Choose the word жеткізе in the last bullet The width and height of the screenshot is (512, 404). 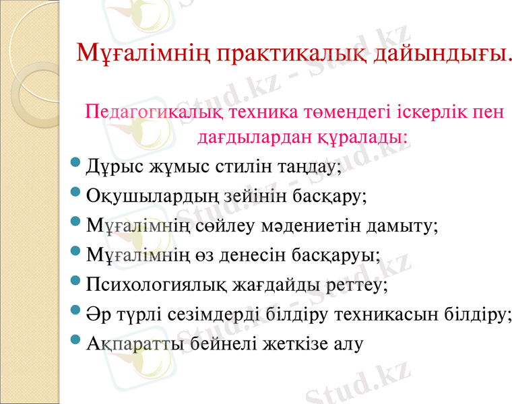(x=294, y=343)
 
